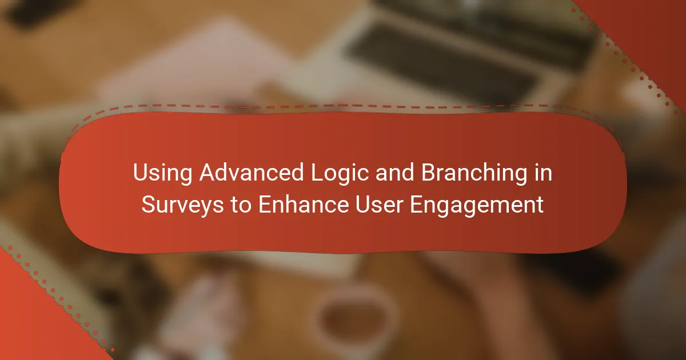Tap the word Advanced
pyautogui.click(x=252, y=172)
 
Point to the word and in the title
pyautogui.click(x=395, y=173)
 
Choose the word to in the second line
pyautogui.click(x=241, y=205)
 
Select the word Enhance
pyautogui.click(x=304, y=204)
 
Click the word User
pyautogui.click(x=379, y=204)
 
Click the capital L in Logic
pyautogui.click(x=317, y=173)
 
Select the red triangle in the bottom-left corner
pyautogui.click(x=34, y=318)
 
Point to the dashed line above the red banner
pyautogui.click(x=343, y=106)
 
